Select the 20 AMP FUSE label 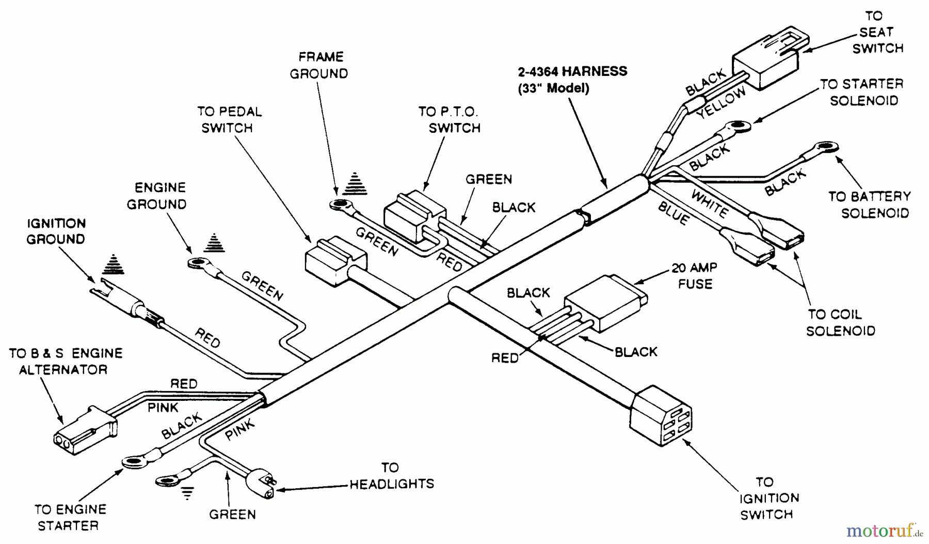click(x=694, y=276)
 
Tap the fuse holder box click(x=604, y=304)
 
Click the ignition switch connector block click(x=661, y=415)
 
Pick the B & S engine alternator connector click(x=85, y=430)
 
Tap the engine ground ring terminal click(x=198, y=264)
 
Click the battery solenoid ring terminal click(x=825, y=148)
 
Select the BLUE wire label click(x=673, y=213)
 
